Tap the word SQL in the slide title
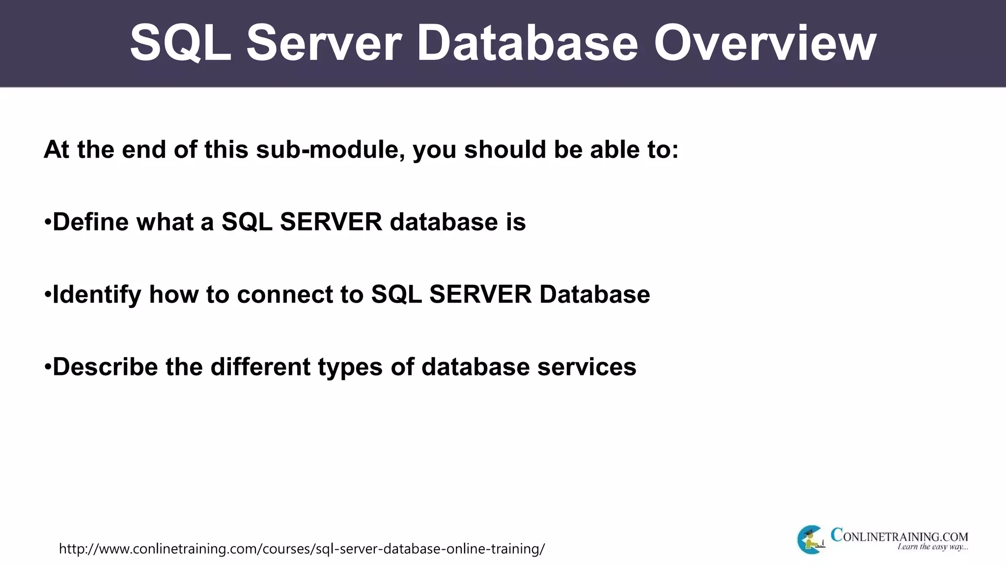(180, 44)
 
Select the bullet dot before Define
(48, 222)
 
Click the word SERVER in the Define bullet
(331, 222)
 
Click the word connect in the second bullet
(300, 294)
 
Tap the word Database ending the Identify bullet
(594, 294)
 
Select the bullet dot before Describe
(48, 368)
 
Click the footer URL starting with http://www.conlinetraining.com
(302, 548)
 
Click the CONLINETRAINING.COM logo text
(899, 535)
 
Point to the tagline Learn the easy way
(932, 547)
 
